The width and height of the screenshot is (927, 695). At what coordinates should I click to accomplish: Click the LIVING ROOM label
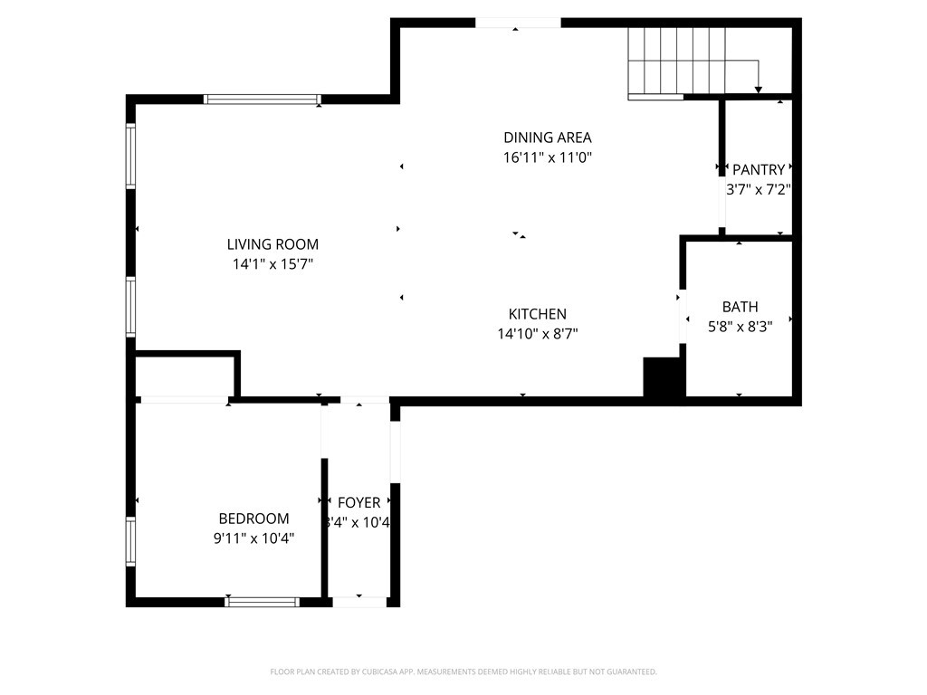tap(272, 244)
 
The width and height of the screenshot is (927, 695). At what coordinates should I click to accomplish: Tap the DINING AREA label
tap(547, 138)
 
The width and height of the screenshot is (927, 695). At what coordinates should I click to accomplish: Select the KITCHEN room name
tap(537, 314)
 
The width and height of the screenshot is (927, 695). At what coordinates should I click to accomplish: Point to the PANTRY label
tap(759, 169)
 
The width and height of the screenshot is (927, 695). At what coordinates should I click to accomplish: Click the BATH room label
tap(740, 307)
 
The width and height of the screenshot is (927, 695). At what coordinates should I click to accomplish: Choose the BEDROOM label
tap(253, 519)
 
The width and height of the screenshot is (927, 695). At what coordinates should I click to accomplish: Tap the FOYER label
tap(358, 503)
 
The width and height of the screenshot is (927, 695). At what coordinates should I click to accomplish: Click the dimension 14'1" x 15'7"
tap(272, 264)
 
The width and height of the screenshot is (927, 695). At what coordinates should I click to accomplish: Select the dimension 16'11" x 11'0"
tap(547, 157)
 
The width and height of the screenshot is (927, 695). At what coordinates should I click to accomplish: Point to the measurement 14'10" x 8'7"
tap(537, 334)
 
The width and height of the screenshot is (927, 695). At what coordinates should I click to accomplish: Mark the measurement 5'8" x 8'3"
tap(740, 327)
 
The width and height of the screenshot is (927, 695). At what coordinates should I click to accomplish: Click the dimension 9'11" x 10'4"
tap(253, 538)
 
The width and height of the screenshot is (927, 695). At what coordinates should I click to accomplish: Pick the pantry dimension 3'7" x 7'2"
tap(759, 190)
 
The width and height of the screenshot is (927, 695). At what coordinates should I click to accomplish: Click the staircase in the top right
tap(678, 60)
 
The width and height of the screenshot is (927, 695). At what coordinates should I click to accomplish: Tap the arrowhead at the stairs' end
tap(758, 89)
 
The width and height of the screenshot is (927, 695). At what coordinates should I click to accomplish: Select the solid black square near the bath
tap(662, 376)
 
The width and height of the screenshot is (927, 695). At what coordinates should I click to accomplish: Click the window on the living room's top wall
tap(262, 100)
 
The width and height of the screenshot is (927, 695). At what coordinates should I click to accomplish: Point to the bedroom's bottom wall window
tap(262, 601)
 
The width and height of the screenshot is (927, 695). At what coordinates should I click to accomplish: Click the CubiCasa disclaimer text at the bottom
tap(463, 671)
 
